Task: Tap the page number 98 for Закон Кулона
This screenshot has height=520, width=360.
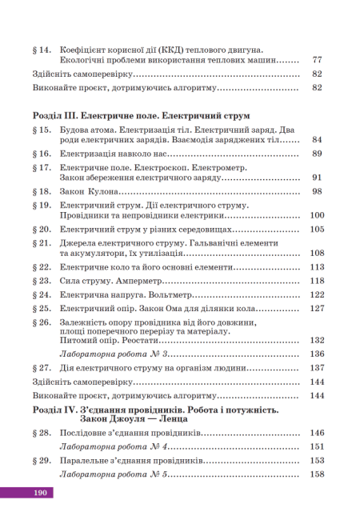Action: (x=317, y=192)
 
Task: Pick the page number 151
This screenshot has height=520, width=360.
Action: (x=317, y=446)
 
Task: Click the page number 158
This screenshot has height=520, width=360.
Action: (x=317, y=475)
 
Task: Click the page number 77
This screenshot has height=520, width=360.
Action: (x=317, y=60)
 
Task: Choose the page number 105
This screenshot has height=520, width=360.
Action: (x=317, y=230)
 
